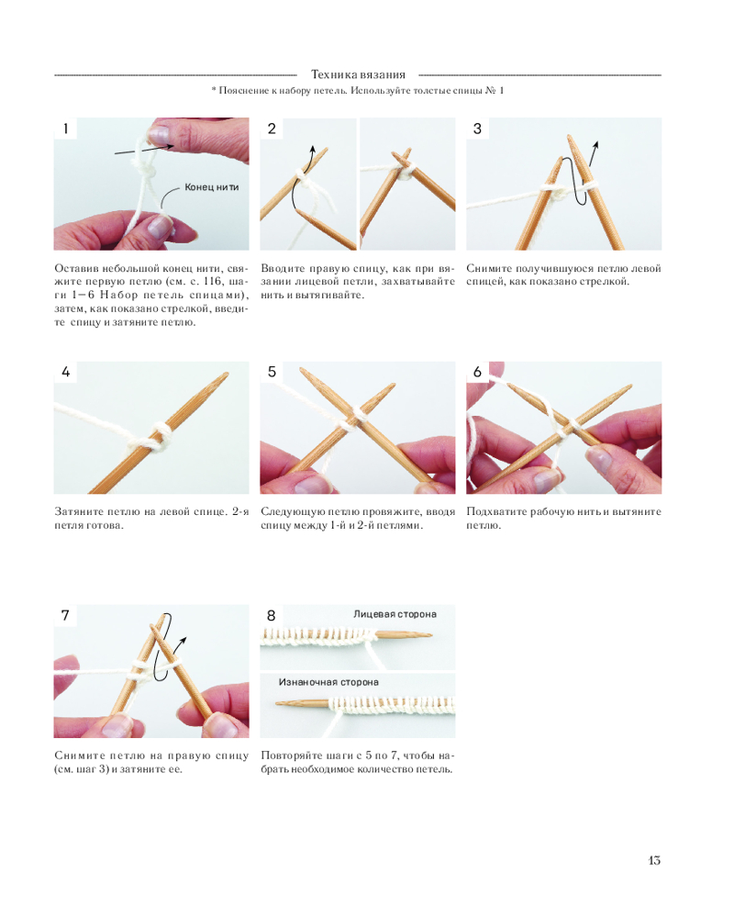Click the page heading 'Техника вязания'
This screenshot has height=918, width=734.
coord(358,74)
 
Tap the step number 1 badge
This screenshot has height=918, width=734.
coord(65,129)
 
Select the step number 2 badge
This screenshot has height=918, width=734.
coord(272,129)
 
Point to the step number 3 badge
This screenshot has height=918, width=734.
coord(478,129)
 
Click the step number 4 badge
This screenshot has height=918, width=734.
coord(65,372)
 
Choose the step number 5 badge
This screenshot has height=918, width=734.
coord(272,372)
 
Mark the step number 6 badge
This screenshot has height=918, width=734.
coord(478,372)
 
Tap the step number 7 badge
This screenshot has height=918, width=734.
coord(65,615)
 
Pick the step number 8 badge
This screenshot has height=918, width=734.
coord(272,615)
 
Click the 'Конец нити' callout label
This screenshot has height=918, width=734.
coord(212,187)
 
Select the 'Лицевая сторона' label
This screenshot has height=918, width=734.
coord(395,614)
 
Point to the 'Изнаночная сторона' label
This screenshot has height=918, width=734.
coord(328,682)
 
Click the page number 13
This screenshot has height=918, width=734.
coord(654,860)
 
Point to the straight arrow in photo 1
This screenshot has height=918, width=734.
coord(144,150)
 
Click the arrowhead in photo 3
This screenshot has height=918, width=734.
coord(596,145)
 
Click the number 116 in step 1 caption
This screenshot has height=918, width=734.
coord(213,282)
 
